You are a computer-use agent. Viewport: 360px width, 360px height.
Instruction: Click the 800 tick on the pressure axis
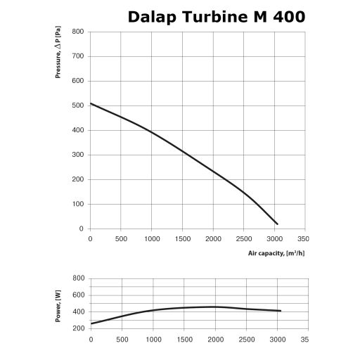78,32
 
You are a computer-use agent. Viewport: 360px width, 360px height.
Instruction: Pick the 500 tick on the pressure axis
78,105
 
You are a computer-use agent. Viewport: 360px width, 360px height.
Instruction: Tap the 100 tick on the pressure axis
78,204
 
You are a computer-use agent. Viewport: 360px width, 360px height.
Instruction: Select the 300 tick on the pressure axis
78,155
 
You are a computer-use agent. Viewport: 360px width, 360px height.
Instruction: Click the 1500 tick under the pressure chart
183,239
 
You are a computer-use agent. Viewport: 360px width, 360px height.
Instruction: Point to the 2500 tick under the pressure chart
245,239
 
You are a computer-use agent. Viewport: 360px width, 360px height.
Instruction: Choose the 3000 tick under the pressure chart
276,239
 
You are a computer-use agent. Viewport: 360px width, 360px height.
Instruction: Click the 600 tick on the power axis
78,295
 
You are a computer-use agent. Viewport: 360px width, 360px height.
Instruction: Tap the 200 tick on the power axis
78,328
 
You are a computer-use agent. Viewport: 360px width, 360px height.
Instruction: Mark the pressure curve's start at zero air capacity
91,103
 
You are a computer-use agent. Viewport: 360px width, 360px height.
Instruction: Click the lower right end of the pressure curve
278,224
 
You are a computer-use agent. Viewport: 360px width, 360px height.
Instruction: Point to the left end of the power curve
91,323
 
